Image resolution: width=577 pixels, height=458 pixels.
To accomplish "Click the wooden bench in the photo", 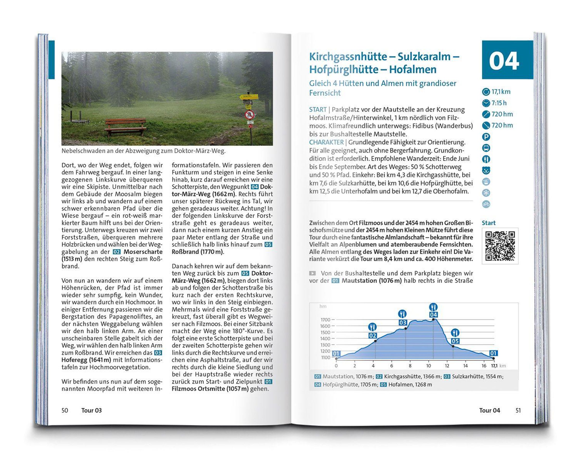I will [125, 127].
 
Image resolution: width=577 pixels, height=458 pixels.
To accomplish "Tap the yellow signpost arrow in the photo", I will [249, 96].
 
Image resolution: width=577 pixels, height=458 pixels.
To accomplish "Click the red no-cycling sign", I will [249, 115].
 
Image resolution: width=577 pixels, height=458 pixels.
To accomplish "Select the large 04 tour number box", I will [507, 60].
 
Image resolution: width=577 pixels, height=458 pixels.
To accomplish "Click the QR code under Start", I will [500, 246].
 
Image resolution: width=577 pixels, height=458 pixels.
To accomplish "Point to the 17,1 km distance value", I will [501, 92].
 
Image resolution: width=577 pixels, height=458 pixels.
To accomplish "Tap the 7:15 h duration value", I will [499, 103].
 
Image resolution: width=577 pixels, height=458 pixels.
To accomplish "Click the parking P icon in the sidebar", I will [486, 137].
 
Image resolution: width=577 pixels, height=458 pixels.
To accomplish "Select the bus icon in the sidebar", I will [486, 148].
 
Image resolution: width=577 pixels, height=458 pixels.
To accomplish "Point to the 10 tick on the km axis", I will [428, 366].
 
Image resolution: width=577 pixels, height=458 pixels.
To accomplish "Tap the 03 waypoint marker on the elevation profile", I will [403, 323].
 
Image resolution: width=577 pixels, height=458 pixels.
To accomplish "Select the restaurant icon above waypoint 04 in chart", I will [433, 307].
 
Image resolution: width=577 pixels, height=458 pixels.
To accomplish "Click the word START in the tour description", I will [318, 109].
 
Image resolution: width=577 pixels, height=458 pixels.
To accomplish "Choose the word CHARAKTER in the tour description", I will [326, 142].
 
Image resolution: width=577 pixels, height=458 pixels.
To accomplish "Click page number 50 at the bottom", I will [65, 410].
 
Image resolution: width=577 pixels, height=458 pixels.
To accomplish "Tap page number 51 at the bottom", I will [518, 410].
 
